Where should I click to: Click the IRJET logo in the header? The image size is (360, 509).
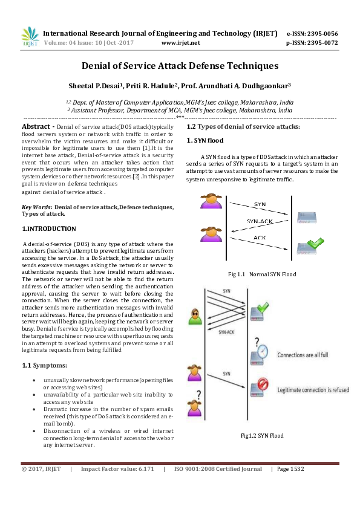point(30,38)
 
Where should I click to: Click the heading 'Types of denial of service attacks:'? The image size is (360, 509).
point(249,126)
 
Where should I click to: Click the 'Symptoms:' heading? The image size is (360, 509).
point(51,366)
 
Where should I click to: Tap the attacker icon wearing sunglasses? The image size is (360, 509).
point(194,316)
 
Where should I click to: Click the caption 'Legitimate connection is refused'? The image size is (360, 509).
point(313,391)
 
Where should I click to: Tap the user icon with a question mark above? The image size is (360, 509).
point(194,406)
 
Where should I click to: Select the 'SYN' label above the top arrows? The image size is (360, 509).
point(226,291)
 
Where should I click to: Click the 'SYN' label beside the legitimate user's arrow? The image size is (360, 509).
point(226,374)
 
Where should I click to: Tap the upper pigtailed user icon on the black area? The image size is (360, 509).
point(211,201)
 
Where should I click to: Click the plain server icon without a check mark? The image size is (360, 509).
point(306,218)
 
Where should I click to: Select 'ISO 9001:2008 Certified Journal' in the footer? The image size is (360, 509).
point(218,469)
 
